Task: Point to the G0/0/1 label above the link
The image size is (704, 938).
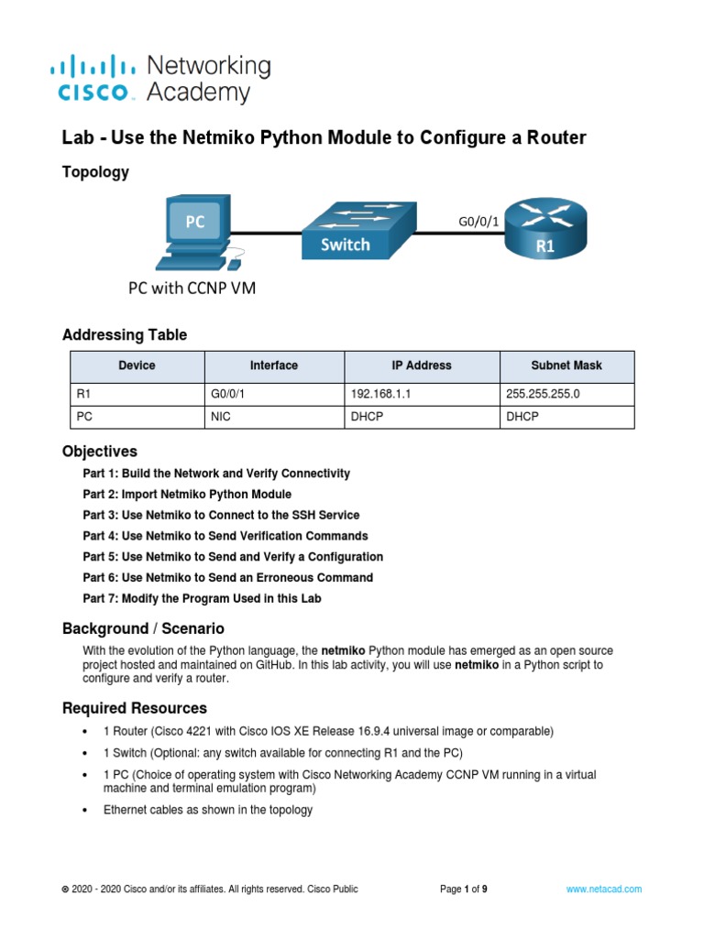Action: (478, 221)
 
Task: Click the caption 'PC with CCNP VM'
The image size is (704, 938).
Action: (191, 289)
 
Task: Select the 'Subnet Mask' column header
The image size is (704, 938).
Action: (566, 365)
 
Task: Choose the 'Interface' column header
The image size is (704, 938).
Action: (273, 365)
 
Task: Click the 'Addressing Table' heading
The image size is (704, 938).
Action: (125, 335)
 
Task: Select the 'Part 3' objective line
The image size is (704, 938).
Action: (221, 515)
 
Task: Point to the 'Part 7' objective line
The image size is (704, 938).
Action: (202, 598)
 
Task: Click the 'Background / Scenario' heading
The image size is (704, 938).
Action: (143, 629)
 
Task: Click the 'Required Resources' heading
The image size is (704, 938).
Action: (135, 708)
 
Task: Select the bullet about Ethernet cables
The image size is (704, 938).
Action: (208, 810)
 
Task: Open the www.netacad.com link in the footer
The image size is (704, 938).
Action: (603, 889)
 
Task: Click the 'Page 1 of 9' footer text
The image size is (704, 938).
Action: (464, 889)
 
